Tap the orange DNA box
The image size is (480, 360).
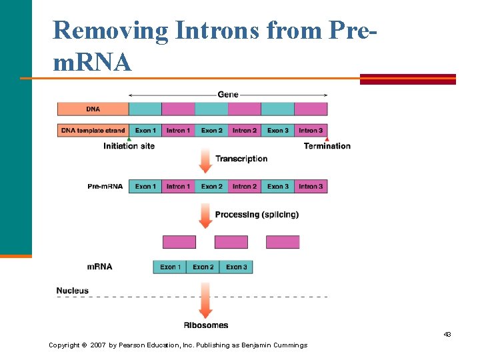(93, 109)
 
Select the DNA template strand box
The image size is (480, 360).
(93, 131)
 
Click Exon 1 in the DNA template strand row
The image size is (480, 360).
(145, 131)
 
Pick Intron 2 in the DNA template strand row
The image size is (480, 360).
(245, 131)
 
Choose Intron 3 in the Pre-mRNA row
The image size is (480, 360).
(311, 187)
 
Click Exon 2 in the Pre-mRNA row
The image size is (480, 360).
(211, 187)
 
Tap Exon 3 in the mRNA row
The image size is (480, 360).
(236, 267)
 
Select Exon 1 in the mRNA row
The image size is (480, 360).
(170, 267)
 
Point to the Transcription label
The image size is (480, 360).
(241, 159)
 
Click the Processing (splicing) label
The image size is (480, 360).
(257, 215)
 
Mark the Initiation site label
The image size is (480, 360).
(129, 146)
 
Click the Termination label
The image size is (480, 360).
(327, 146)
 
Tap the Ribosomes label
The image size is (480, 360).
(206, 325)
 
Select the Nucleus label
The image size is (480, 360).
(73, 291)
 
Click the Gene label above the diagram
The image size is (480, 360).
(227, 95)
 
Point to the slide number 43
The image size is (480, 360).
(447, 334)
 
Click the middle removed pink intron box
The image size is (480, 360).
(231, 242)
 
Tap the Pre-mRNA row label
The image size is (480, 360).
(105, 187)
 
